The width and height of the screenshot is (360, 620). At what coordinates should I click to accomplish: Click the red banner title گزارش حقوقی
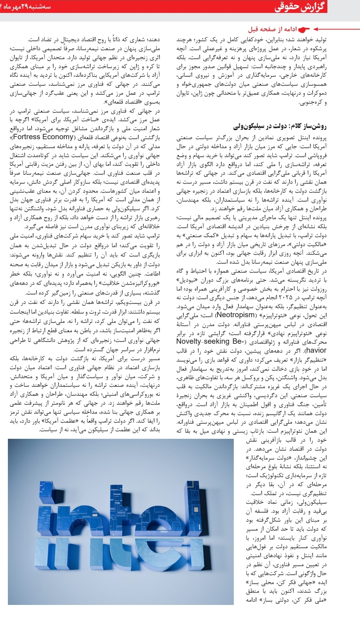tap(300, 8)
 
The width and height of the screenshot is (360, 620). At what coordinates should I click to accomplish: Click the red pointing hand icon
tap(304, 29)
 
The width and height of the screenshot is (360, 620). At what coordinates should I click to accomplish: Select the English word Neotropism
tap(235, 315)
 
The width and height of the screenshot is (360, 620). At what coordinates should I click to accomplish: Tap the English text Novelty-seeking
tap(203, 341)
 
